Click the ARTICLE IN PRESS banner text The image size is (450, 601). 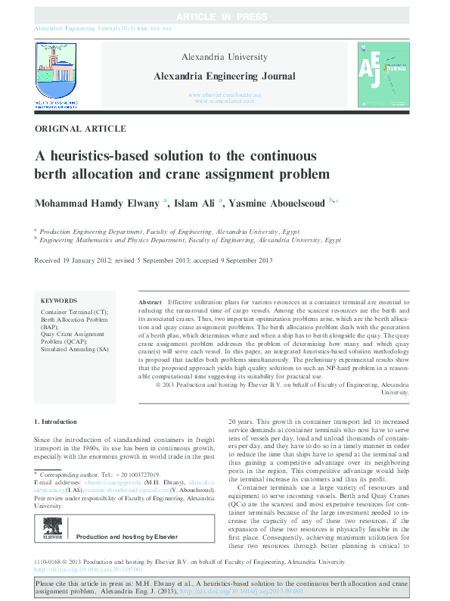pos(225,17)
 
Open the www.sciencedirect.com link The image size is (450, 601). pos(225,101)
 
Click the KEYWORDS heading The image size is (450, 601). pos(58,300)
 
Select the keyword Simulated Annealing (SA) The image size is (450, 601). pos(75,349)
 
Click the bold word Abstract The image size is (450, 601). pos(151,302)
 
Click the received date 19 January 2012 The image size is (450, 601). pos(84,260)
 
